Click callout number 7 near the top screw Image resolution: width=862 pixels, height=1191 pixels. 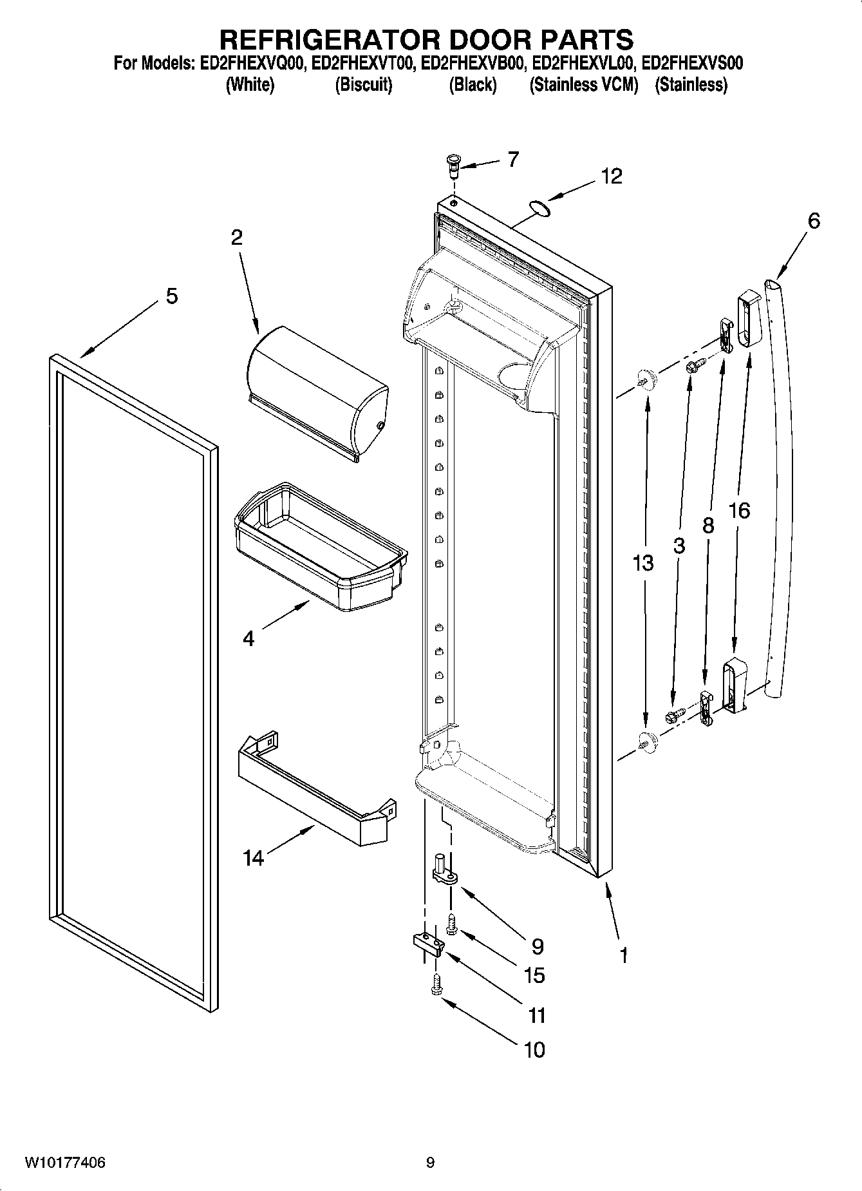(512, 159)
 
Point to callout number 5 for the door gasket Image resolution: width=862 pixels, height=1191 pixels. (171, 296)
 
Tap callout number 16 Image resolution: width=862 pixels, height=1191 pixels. (739, 511)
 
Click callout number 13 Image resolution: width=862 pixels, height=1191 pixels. (642, 562)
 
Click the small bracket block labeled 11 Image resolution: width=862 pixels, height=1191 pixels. (428, 944)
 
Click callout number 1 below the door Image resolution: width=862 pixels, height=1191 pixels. (623, 954)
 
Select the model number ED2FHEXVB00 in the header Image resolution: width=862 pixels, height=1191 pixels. (473, 63)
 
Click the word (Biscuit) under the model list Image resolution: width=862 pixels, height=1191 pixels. (363, 84)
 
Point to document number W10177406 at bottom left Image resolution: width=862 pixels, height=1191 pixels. (65, 1163)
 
